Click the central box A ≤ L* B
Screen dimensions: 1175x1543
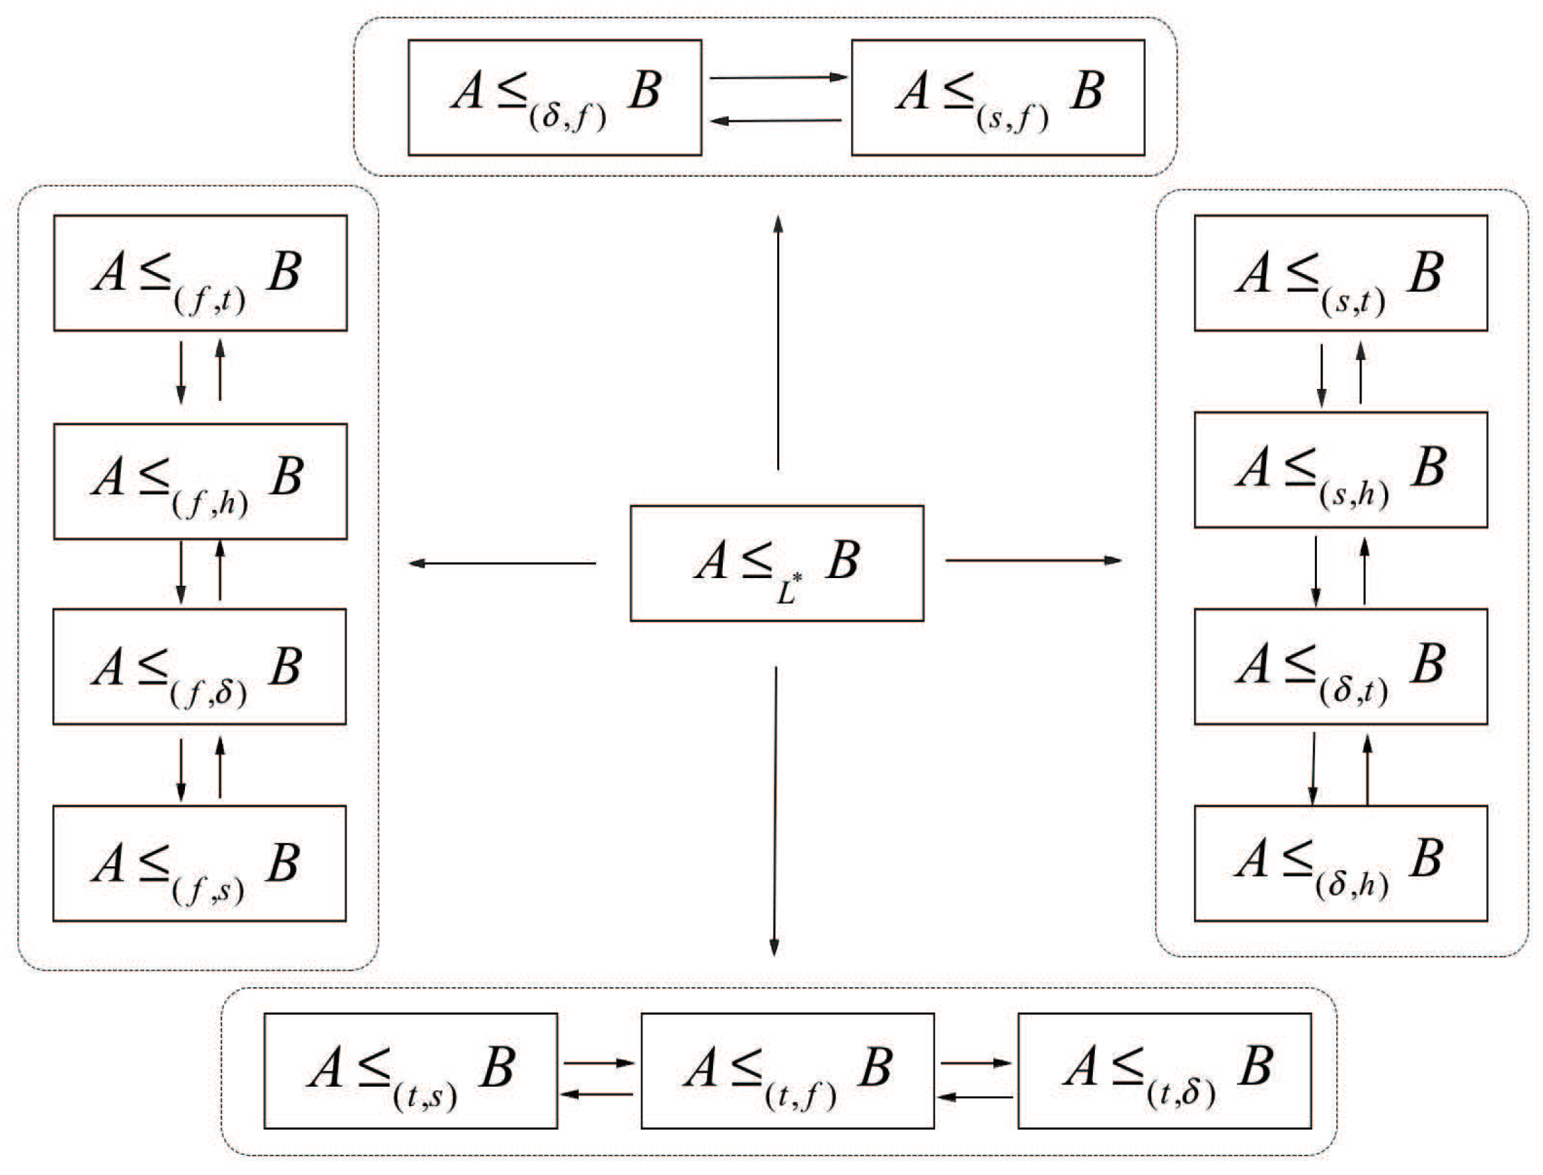(x=776, y=563)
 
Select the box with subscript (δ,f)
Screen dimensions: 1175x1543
(x=554, y=97)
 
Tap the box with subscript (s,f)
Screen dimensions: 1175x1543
(x=998, y=97)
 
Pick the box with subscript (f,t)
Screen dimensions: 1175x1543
(x=200, y=273)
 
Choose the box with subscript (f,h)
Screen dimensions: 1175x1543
(x=200, y=481)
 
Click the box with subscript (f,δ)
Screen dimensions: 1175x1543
(x=200, y=666)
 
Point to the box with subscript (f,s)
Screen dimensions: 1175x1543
(x=200, y=863)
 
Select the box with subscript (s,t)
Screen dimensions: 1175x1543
(x=1340, y=273)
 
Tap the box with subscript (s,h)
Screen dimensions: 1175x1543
(x=1340, y=470)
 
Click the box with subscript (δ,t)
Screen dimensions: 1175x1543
(x=1340, y=666)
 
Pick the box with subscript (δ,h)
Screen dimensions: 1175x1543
(x=1340, y=863)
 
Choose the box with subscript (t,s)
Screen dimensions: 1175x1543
(x=410, y=1071)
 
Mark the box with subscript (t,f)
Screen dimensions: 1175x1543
(x=788, y=1071)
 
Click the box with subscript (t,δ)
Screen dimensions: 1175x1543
(x=1164, y=1071)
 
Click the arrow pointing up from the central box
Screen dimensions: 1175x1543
(x=778, y=343)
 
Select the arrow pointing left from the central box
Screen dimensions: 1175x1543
(x=502, y=563)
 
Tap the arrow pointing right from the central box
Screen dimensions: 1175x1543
(x=1033, y=560)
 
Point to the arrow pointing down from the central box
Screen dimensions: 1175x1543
(x=775, y=811)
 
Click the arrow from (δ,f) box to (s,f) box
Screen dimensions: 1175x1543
(x=778, y=78)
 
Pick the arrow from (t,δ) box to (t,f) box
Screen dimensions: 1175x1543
(x=975, y=1097)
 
